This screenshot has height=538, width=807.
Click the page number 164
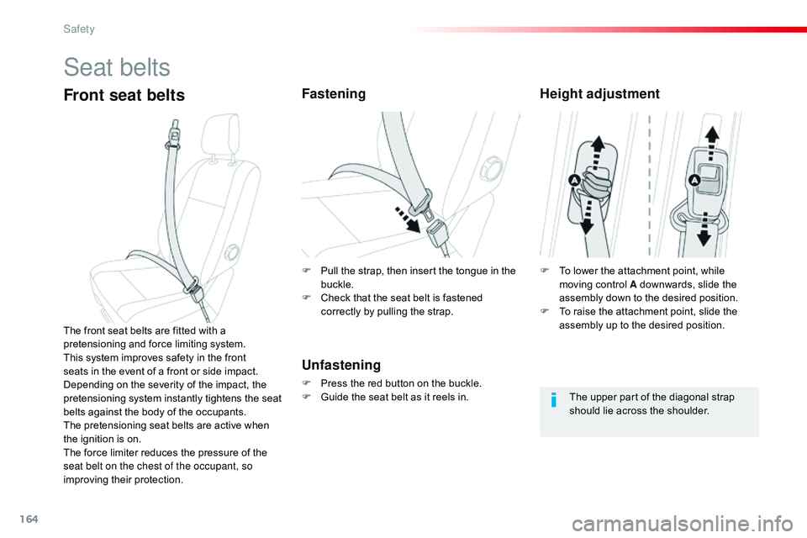29,519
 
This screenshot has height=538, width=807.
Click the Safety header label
79,29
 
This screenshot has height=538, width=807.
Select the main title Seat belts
117,67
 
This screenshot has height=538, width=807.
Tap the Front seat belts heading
124,95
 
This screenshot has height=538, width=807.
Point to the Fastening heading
334,93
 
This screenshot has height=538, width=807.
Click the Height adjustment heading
599,93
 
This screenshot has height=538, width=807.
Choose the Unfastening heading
341,365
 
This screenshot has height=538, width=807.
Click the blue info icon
553,399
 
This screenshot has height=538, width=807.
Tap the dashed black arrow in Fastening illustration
409,219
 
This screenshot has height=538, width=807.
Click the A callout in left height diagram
574,180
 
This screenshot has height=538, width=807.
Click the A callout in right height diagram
694,180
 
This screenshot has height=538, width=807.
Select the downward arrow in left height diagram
587,217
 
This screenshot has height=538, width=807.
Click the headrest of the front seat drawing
221,133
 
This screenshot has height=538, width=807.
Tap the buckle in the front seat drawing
196,292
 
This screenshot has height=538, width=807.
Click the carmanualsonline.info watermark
682,525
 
